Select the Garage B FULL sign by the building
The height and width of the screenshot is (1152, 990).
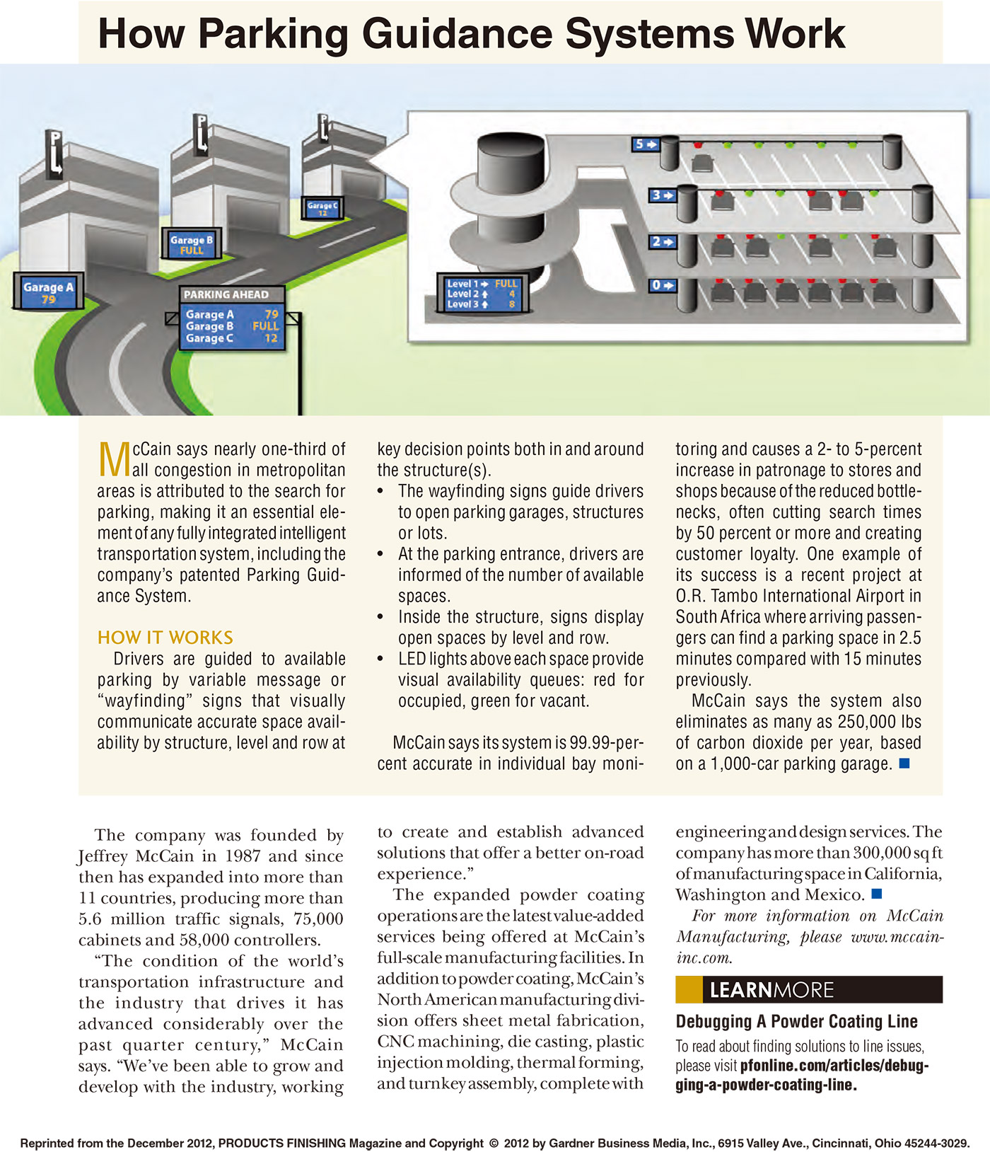pos(191,245)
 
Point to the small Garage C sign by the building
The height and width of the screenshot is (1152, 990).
pos(322,208)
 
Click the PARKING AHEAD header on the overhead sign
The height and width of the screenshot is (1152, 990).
pos(226,294)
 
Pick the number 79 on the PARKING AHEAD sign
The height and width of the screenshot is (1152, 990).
pos(272,314)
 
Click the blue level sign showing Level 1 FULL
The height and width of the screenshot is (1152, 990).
pos(482,294)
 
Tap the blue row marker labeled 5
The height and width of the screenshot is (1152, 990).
pos(645,144)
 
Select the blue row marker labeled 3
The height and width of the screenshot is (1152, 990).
pos(663,195)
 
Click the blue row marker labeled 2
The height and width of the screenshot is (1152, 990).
pos(663,242)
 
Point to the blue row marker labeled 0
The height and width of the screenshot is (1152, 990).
pos(663,285)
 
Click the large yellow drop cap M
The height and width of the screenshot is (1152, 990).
pos(113,460)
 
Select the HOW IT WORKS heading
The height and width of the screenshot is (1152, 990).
pos(165,638)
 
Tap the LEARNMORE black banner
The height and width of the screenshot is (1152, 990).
pos(809,989)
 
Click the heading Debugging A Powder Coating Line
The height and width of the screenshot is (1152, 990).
pos(796,1021)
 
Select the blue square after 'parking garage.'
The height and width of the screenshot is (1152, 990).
pos(903,763)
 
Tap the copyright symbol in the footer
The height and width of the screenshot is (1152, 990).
pos(494,1143)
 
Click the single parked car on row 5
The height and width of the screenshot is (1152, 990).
pos(701,164)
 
